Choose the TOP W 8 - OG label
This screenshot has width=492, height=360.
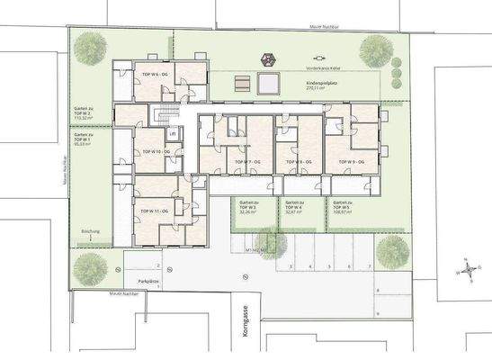click(299, 161)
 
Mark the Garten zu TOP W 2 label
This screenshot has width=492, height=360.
click(86, 115)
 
